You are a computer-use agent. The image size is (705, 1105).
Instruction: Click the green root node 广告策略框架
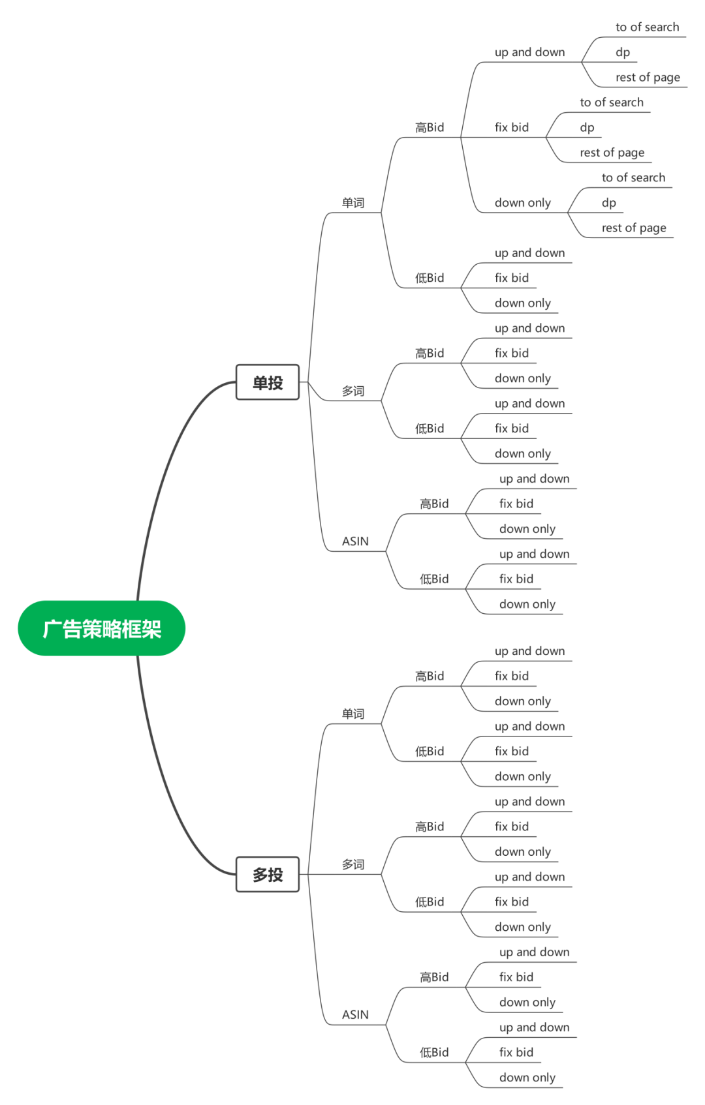(102, 628)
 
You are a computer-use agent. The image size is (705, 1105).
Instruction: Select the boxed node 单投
(268, 382)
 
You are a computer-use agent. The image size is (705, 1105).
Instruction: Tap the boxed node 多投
(268, 875)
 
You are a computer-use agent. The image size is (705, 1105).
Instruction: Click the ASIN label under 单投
(356, 541)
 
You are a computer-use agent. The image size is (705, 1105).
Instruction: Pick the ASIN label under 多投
(356, 1015)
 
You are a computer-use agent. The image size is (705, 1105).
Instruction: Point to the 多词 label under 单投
(354, 391)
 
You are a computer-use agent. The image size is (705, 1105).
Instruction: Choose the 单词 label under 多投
(354, 714)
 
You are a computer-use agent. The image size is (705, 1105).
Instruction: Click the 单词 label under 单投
(354, 203)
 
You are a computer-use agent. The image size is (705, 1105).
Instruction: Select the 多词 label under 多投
(354, 865)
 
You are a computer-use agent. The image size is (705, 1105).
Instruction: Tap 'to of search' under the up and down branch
(648, 27)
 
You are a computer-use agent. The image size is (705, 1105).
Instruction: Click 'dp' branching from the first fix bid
(587, 128)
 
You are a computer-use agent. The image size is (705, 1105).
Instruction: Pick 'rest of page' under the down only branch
(634, 228)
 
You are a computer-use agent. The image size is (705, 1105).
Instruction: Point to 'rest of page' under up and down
(648, 78)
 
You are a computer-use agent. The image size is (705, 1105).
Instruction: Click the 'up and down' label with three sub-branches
(530, 52)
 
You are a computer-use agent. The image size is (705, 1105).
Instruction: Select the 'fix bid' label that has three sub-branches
(512, 127)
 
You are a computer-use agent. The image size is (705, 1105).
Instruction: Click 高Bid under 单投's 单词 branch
(430, 127)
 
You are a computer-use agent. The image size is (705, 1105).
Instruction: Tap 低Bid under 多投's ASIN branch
(435, 1053)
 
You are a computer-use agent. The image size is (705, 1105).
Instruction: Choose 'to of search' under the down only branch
(633, 177)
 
